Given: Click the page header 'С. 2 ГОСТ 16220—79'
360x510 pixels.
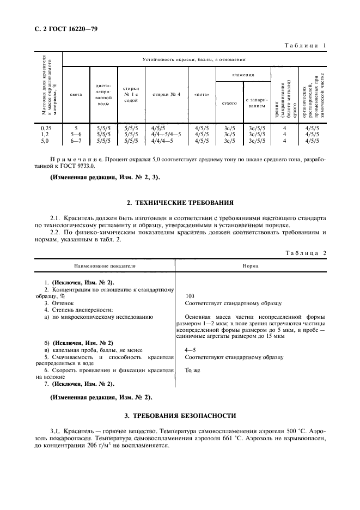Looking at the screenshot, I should pos(62,27).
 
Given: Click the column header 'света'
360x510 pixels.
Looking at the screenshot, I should pos(76,94).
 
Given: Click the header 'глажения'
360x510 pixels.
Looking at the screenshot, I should pos(243,74).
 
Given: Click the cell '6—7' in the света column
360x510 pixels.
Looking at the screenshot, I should pos(76,140).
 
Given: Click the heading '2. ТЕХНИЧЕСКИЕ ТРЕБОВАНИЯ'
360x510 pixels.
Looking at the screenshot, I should pos(180,203).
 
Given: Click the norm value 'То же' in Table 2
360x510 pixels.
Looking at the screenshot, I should pos(192,370).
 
